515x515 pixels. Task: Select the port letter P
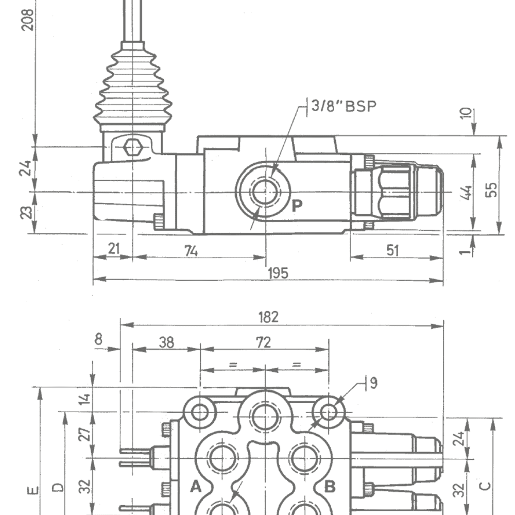tap(297, 207)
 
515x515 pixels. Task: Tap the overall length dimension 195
tap(278, 272)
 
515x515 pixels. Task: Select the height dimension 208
tap(28, 19)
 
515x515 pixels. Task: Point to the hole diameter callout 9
tap(373, 383)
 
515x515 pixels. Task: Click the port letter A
tap(196, 486)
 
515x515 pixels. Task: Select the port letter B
tap(330, 486)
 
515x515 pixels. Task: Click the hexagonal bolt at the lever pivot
tap(133, 147)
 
